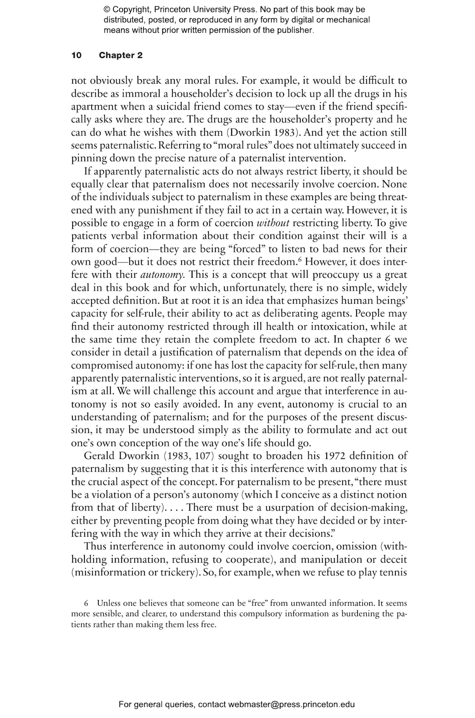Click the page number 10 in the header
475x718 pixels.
[x=76, y=55]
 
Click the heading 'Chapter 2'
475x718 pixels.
[x=121, y=55]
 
